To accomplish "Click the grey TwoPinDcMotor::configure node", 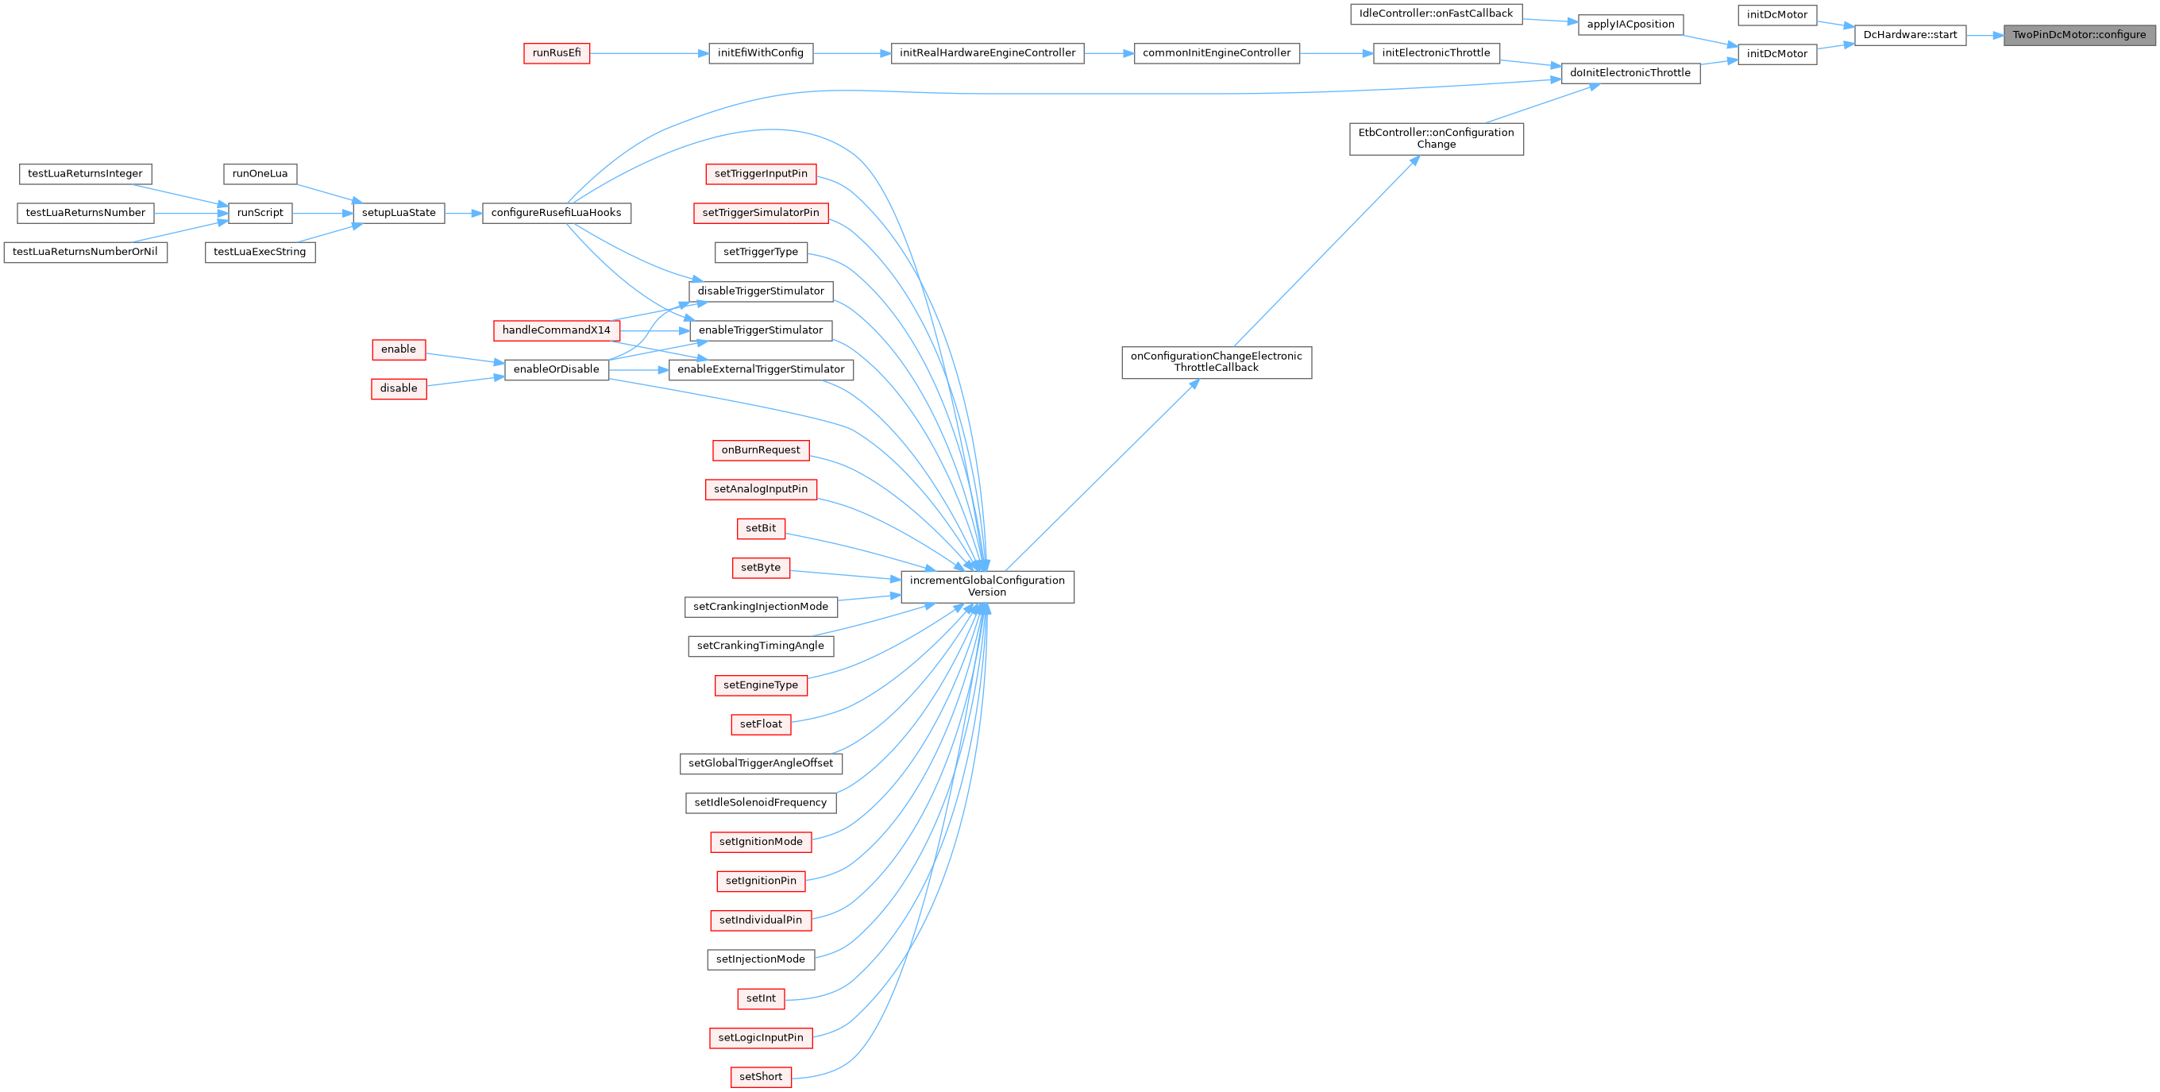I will pyautogui.click(x=2079, y=35).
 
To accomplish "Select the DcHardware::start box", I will pyautogui.click(x=1909, y=35).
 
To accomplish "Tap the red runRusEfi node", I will pyautogui.click(x=557, y=53).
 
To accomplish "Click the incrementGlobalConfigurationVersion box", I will pyautogui.click(x=987, y=586).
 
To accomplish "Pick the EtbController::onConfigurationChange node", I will pyautogui.click(x=1436, y=138).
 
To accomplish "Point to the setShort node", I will pyautogui.click(x=761, y=1077).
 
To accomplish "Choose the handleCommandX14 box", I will pyautogui.click(x=556, y=330).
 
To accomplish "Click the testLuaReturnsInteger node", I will pyautogui.click(x=85, y=174).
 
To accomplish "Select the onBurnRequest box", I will pyautogui.click(x=761, y=450).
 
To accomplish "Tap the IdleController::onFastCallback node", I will pyautogui.click(x=1436, y=14).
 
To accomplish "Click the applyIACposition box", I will pyautogui.click(x=1630, y=25).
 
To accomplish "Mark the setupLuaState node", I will pyautogui.click(x=399, y=213).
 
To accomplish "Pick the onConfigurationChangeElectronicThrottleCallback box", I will pyautogui.click(x=1216, y=362).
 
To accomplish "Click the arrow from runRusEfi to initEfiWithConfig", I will pyautogui.click(x=649, y=53).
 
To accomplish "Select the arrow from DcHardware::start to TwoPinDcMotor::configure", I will pyautogui.click(x=1984, y=35).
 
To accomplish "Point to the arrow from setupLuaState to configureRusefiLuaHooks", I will pyautogui.click(x=463, y=213).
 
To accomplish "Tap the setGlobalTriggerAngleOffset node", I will pyautogui.click(x=761, y=763).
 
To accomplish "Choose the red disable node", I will pyautogui.click(x=399, y=388).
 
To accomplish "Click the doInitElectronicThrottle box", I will pyautogui.click(x=1630, y=73).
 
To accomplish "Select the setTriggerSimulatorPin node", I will pyautogui.click(x=761, y=213).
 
